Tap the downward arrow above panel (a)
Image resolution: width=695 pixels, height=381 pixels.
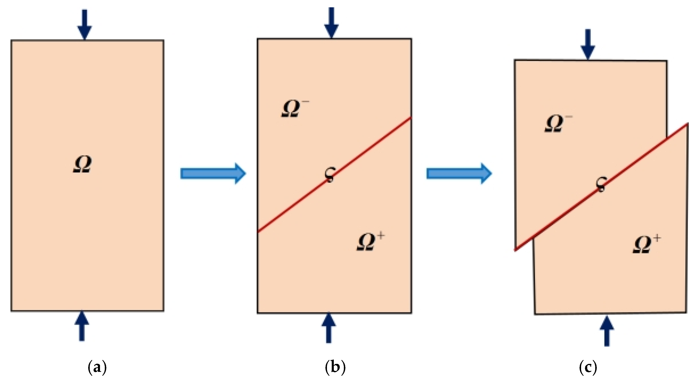84,24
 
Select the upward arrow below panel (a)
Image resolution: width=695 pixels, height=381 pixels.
82,326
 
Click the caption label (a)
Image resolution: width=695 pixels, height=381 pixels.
97,367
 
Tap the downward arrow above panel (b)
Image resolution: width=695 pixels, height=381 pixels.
331,23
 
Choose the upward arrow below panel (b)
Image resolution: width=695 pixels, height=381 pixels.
329,327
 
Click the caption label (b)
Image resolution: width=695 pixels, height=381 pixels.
335,367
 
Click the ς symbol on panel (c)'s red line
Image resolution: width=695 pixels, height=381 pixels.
601,184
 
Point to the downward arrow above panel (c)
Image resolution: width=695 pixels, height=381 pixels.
588,44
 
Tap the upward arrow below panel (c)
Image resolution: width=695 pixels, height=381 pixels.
607,331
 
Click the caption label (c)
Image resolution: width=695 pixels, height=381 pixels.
588,367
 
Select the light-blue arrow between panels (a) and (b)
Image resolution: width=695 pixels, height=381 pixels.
213,173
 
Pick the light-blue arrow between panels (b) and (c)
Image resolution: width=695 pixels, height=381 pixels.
459,173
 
